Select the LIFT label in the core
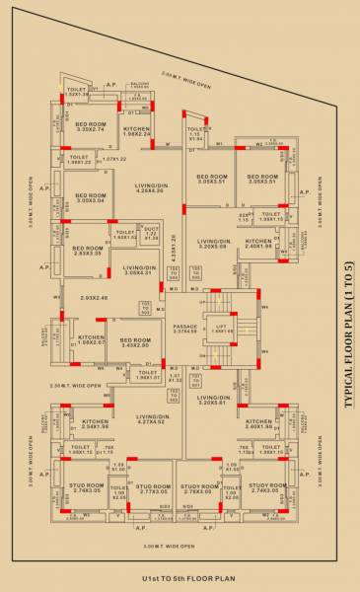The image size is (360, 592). (x=224, y=328)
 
